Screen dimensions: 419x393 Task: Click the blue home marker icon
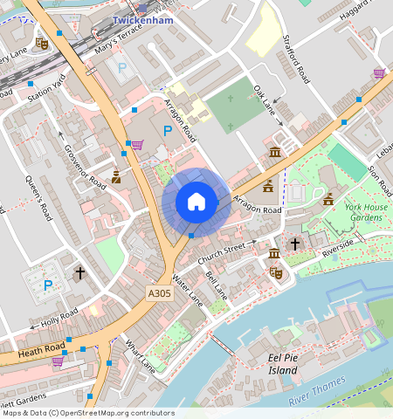(196, 202)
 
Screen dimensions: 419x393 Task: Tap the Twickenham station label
(143, 18)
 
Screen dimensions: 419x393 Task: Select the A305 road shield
(160, 295)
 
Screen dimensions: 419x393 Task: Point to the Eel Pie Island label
(271, 364)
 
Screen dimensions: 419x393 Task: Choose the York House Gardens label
(364, 212)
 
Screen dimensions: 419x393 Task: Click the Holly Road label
(59, 316)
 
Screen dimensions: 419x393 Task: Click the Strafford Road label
(296, 58)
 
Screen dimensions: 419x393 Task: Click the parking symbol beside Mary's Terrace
(122, 67)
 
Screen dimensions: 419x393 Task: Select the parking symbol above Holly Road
(48, 285)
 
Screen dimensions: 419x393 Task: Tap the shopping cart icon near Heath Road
(58, 361)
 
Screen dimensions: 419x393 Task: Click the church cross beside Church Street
(295, 244)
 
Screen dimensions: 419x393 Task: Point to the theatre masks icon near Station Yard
(41, 42)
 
